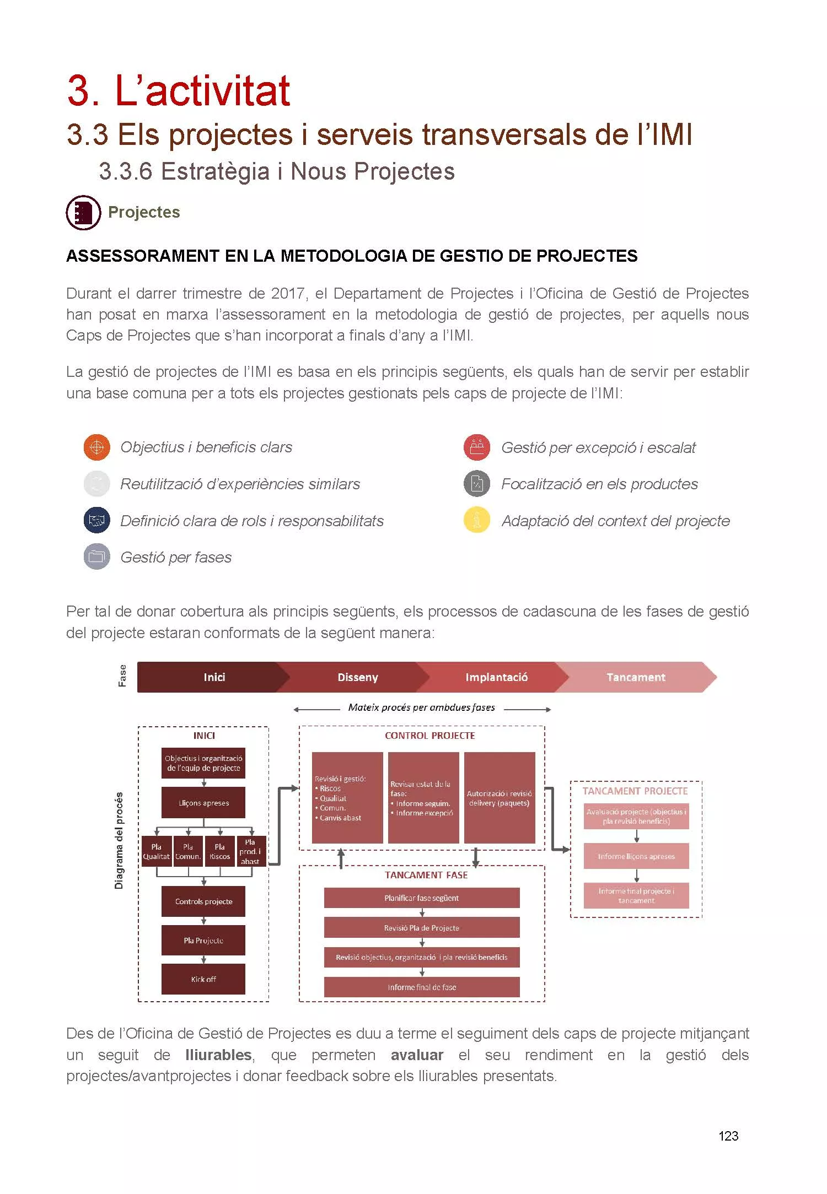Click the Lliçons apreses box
203,803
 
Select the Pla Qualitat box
157,852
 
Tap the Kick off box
203,979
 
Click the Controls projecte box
203,901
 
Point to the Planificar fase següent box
422,898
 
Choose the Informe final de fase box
422,987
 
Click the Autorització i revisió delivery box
500,798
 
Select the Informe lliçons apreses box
636,856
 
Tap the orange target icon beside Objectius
96,447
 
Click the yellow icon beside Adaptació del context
477,520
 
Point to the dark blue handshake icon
96,521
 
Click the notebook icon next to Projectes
83,213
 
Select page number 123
728,1136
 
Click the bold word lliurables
218,1055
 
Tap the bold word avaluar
417,1055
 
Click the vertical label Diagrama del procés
119,840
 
